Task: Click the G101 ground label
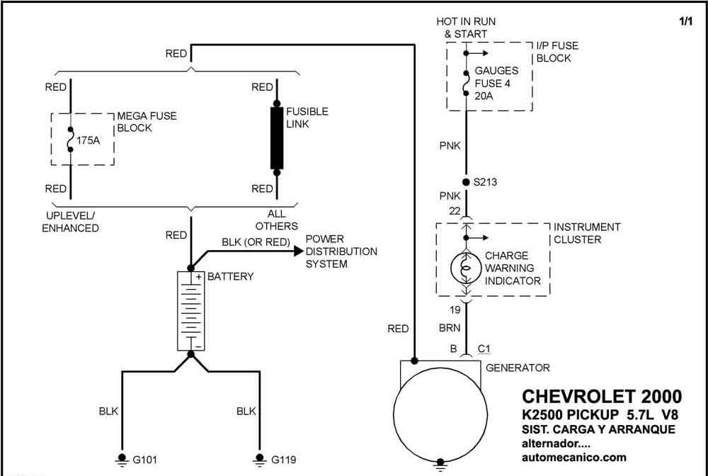coord(145,460)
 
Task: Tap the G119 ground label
coord(284,460)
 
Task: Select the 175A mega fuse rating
coord(88,140)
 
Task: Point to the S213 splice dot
coord(466,183)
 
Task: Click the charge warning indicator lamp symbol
coord(466,268)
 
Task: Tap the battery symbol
coord(191,311)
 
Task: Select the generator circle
coord(440,416)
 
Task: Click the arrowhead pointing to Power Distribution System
coord(298,251)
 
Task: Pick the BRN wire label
coord(450,329)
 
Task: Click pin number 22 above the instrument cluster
coord(455,211)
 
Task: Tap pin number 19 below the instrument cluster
coord(455,310)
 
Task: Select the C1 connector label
coord(484,348)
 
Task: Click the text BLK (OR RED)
coord(256,242)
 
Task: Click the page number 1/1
coord(685,21)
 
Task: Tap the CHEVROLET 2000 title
coord(602,397)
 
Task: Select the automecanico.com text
coord(574,457)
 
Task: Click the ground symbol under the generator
coord(440,466)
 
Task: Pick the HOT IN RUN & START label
coord(466,28)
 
